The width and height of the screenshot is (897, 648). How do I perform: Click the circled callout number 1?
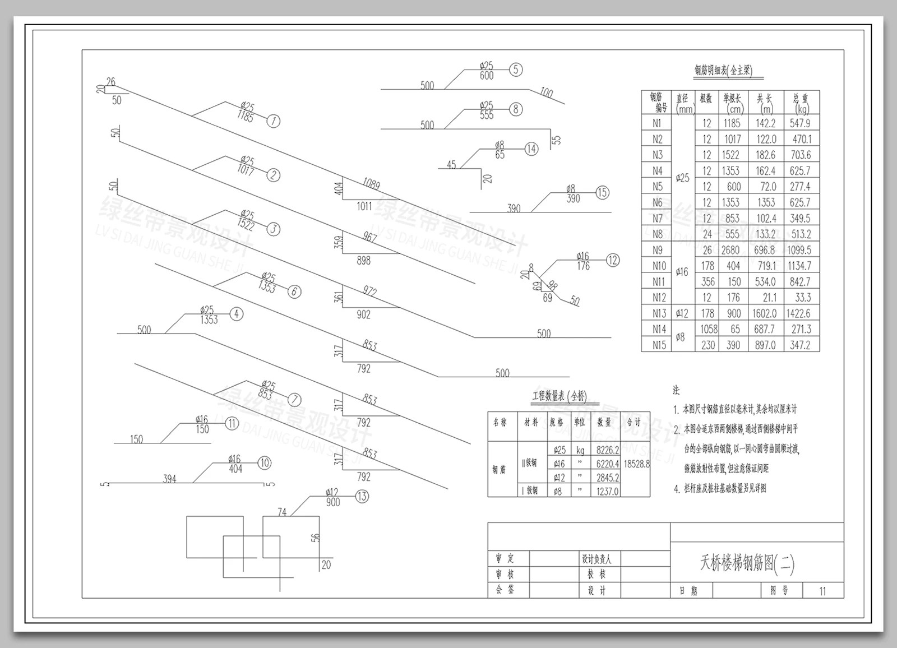[x=273, y=121]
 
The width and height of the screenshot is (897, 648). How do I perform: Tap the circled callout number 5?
[x=516, y=70]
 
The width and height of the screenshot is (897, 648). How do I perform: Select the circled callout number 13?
[x=362, y=496]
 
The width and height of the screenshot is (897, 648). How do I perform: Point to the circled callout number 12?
[x=613, y=260]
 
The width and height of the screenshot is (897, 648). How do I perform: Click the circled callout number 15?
[x=602, y=193]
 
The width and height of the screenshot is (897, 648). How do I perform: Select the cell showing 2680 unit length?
[x=732, y=250]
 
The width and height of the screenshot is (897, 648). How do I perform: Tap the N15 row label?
[x=659, y=345]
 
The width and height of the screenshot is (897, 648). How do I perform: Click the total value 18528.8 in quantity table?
[x=636, y=464]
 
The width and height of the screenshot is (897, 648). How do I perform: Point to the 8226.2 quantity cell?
[x=607, y=450]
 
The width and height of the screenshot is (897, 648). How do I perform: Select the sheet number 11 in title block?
[x=822, y=591]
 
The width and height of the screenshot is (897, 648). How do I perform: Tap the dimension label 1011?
[x=364, y=206]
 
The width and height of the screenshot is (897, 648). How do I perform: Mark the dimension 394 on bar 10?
[x=169, y=479]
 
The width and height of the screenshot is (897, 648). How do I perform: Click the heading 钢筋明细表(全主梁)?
[x=723, y=71]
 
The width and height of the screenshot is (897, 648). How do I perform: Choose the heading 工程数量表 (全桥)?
[x=559, y=396]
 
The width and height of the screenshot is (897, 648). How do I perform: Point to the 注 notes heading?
[x=676, y=390]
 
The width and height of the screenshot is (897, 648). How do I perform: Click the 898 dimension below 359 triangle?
[x=363, y=261]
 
